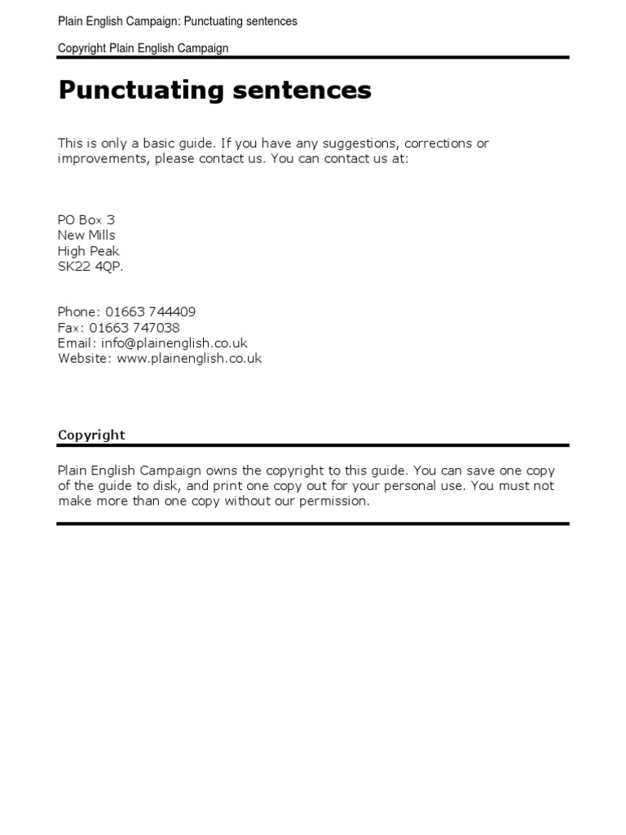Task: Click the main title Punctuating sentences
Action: tap(214, 91)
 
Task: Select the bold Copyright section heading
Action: tap(91, 435)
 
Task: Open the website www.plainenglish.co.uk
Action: tap(189, 358)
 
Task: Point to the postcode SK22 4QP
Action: tap(90, 267)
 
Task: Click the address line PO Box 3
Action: tap(86, 219)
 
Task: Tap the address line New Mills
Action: tap(86, 235)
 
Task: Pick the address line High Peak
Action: tap(88, 251)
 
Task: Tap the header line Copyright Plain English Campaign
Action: tap(143, 48)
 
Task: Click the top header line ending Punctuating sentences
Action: tap(178, 21)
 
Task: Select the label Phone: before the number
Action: tap(79, 311)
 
